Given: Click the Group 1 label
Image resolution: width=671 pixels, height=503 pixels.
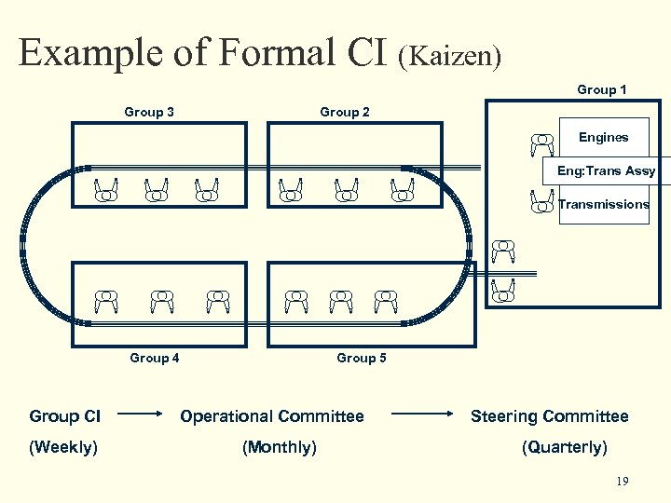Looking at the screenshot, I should point(601,89).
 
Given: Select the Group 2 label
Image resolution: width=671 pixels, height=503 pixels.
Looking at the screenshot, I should point(344,112).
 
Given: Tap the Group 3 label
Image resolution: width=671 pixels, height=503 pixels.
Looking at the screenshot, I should point(149,112).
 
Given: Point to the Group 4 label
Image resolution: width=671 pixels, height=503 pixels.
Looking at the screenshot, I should point(155,358).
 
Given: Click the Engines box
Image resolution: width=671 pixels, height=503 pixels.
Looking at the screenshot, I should point(603,138).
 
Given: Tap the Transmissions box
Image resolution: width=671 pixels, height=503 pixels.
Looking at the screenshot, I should point(603,204).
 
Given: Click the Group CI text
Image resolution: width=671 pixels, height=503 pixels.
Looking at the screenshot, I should point(65,416).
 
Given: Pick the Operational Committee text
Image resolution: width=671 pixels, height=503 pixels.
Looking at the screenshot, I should point(272,416).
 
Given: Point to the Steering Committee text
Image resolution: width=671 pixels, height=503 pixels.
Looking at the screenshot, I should point(549,416).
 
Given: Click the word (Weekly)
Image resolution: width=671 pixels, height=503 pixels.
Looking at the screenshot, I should point(63,447).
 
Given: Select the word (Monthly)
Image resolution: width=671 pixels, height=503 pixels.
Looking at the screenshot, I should point(279,447).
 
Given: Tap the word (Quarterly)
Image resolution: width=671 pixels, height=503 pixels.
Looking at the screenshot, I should point(564,447).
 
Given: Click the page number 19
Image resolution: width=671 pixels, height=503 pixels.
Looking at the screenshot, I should point(623,482).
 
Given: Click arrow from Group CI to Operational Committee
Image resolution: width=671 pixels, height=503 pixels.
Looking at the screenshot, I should point(141,416).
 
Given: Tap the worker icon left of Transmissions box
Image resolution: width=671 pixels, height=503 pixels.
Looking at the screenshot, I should point(541,201).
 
